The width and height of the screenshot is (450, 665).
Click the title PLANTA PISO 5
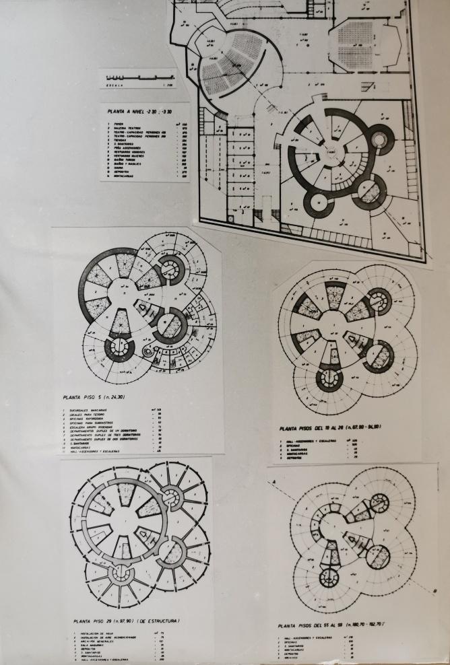[x=88, y=397]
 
